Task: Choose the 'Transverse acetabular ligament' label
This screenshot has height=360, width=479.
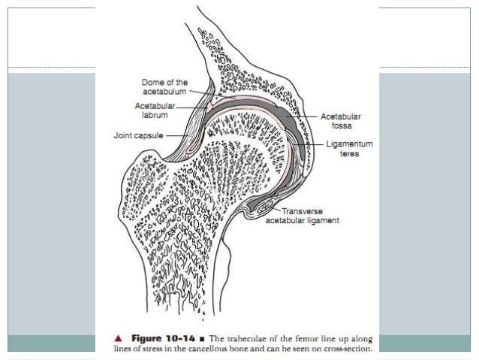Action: [303, 216]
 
